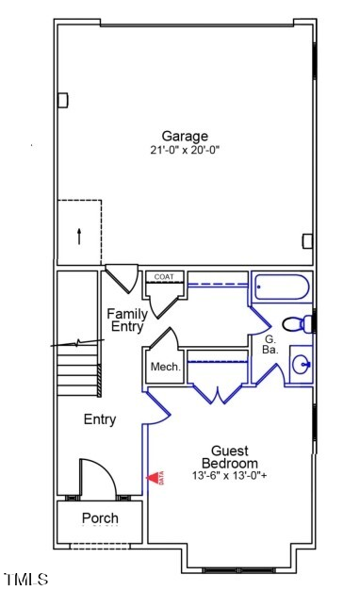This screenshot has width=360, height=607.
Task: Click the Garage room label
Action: [x=184, y=136]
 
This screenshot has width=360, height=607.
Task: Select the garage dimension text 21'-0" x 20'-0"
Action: [x=184, y=150]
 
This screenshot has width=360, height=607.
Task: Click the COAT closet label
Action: [x=164, y=276]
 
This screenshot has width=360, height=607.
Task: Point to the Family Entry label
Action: [x=126, y=320]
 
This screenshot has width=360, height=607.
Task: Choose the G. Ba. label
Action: [x=269, y=344]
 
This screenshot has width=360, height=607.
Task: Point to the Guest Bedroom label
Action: [x=229, y=457]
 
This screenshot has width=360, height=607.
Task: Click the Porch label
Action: [x=100, y=518]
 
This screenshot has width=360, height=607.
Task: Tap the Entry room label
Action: [x=100, y=419]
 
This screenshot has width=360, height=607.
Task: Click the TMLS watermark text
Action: [x=25, y=579]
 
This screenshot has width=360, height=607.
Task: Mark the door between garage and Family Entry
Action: [x=121, y=279]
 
